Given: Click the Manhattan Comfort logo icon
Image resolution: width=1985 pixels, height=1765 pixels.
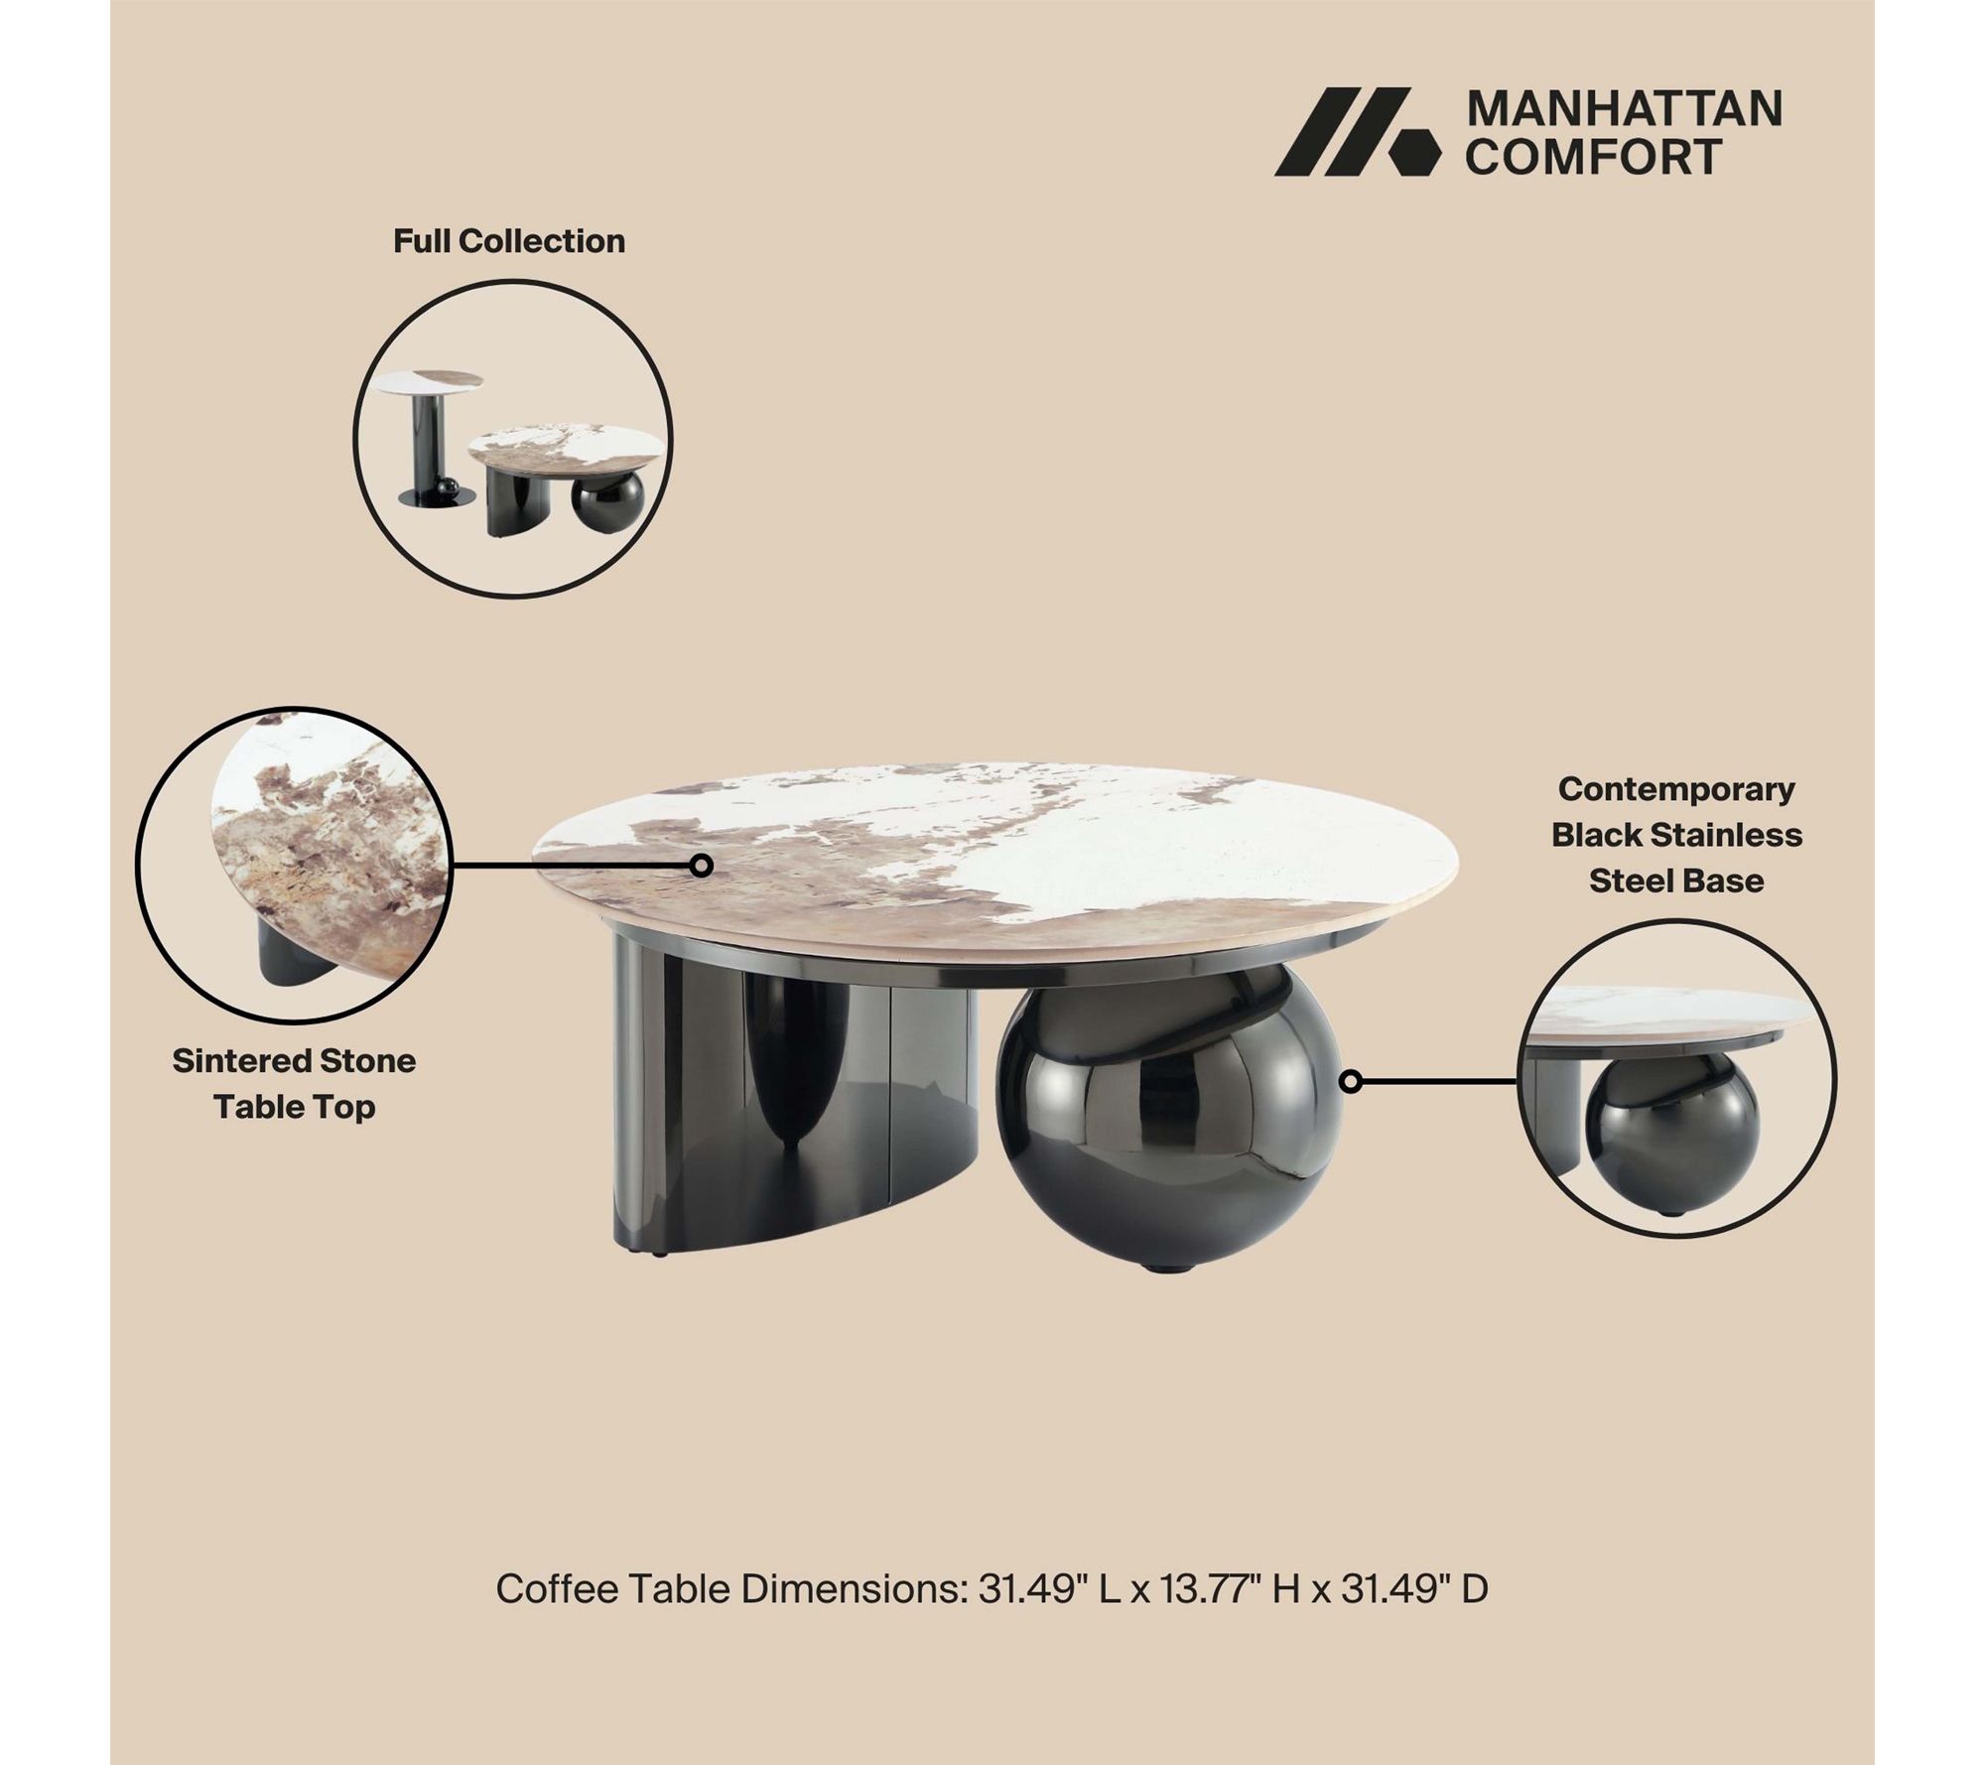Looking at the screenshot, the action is click(x=1356, y=131).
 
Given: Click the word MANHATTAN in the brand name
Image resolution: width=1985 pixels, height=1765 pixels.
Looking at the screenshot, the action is click(x=1624, y=109).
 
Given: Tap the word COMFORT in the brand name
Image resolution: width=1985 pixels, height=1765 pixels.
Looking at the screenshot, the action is click(x=1593, y=157).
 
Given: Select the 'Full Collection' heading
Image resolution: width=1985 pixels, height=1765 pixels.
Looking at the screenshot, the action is click(x=509, y=241).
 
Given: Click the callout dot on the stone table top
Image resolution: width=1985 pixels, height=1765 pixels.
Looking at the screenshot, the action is click(x=702, y=866).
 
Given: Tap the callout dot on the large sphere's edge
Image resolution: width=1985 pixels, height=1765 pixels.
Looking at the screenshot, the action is click(x=1350, y=1081).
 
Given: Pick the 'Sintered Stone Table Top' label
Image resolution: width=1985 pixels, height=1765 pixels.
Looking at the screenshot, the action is click(x=294, y=1084).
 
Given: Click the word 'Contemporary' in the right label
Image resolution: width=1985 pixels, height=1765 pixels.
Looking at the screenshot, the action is click(x=1676, y=789).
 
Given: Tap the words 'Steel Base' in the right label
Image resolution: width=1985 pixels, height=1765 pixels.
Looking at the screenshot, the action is click(x=1676, y=881).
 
